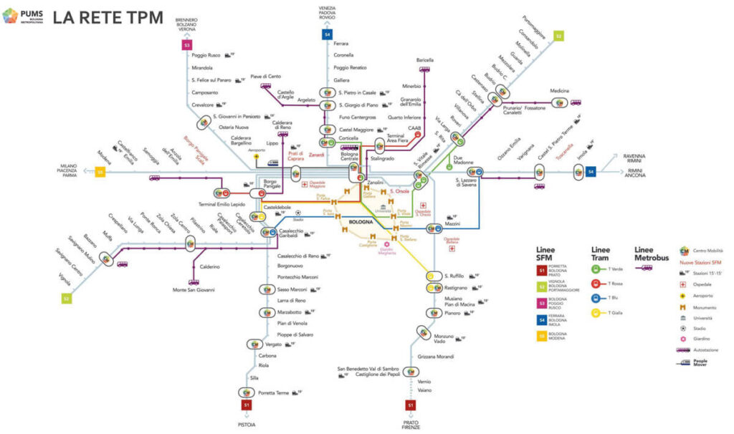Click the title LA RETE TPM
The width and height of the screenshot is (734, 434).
(x=108, y=16)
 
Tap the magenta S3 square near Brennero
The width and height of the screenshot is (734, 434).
(x=186, y=44)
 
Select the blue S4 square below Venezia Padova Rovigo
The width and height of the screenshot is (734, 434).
(x=328, y=33)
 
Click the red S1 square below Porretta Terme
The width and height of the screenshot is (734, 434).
(x=246, y=404)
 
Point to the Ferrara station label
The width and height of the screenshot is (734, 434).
(x=340, y=44)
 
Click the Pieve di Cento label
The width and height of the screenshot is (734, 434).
(x=265, y=76)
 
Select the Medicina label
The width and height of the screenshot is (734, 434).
(x=559, y=91)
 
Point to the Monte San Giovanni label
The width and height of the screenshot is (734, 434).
(x=194, y=289)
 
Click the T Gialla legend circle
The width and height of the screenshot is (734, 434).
(x=596, y=312)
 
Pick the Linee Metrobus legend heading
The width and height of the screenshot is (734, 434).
(x=652, y=254)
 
